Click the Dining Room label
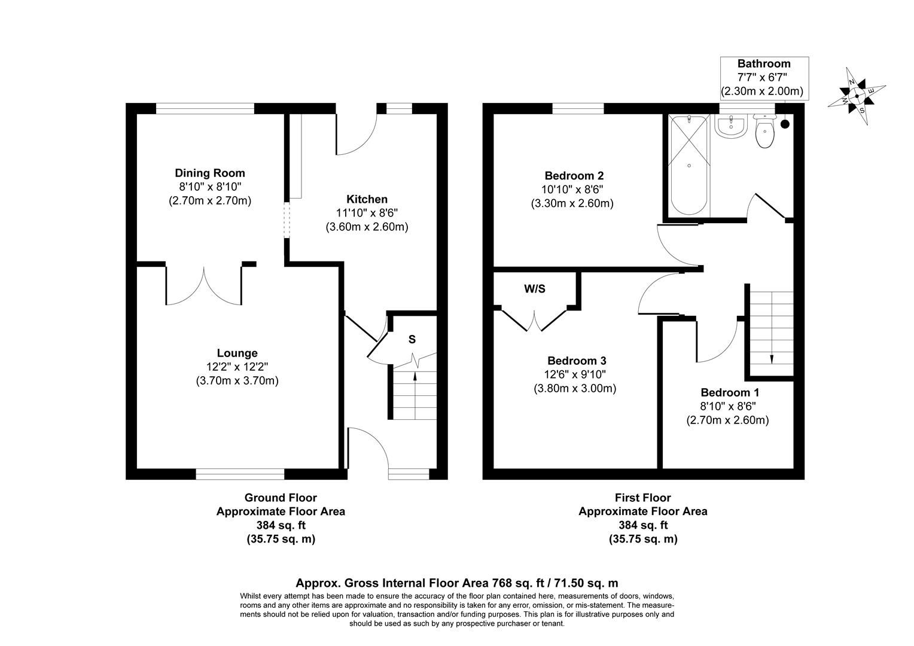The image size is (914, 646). [209, 173]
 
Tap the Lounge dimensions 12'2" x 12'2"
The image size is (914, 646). [237, 367]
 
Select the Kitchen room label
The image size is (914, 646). [367, 199]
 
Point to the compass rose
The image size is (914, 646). [857, 96]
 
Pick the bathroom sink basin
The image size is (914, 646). [729, 127]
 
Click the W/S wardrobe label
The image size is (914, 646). [535, 290]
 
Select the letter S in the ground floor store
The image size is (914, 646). [412, 340]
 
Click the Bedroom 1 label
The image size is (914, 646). [730, 393]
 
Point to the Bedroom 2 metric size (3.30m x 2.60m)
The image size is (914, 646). [572, 203]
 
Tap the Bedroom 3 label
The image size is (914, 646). [577, 361]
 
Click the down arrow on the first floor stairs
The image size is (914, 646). [771, 358]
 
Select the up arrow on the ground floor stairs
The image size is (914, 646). [415, 376]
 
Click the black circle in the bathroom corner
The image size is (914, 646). [785, 124]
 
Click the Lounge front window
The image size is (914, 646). [240, 474]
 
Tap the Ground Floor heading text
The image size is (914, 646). [281, 498]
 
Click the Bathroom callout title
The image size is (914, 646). [763, 63]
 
